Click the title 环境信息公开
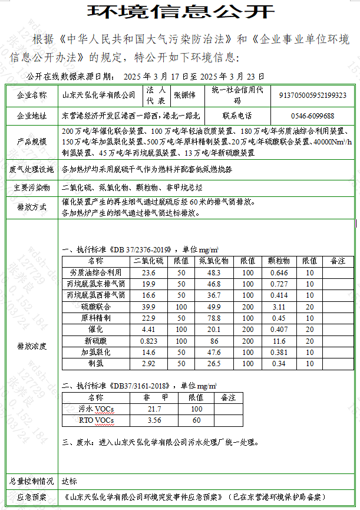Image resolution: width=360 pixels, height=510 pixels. [x=180, y=12]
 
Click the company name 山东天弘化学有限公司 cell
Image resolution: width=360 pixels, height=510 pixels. [x=98, y=95]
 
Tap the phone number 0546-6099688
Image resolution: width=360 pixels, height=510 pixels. [x=312, y=116]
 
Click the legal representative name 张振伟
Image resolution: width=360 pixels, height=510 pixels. [x=184, y=95]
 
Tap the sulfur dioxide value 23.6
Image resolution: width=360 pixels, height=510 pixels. [x=148, y=273]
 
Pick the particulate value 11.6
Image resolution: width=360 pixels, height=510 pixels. [x=279, y=341]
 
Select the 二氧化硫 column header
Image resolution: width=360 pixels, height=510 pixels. [x=148, y=261]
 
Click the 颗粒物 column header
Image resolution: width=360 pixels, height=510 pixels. [x=279, y=261]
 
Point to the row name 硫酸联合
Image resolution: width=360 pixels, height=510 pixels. [x=95, y=307]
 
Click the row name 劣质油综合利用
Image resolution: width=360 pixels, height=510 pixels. [x=95, y=273]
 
